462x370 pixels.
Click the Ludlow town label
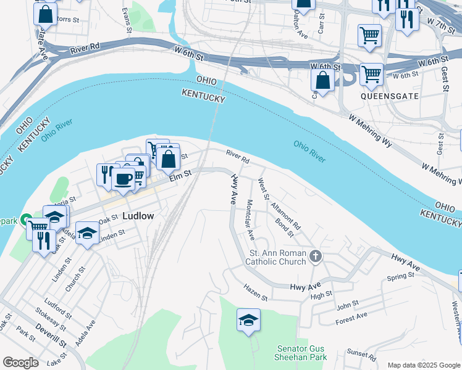click(x=139, y=216)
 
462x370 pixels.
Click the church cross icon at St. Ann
click(x=316, y=256)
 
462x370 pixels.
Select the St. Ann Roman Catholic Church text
click(x=277, y=257)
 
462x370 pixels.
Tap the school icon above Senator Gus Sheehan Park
click(x=248, y=320)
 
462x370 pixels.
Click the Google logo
click(x=20, y=363)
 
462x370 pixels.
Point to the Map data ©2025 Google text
click(x=423, y=365)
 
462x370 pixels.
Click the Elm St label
click(x=181, y=178)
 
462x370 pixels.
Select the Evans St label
click(x=127, y=20)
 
